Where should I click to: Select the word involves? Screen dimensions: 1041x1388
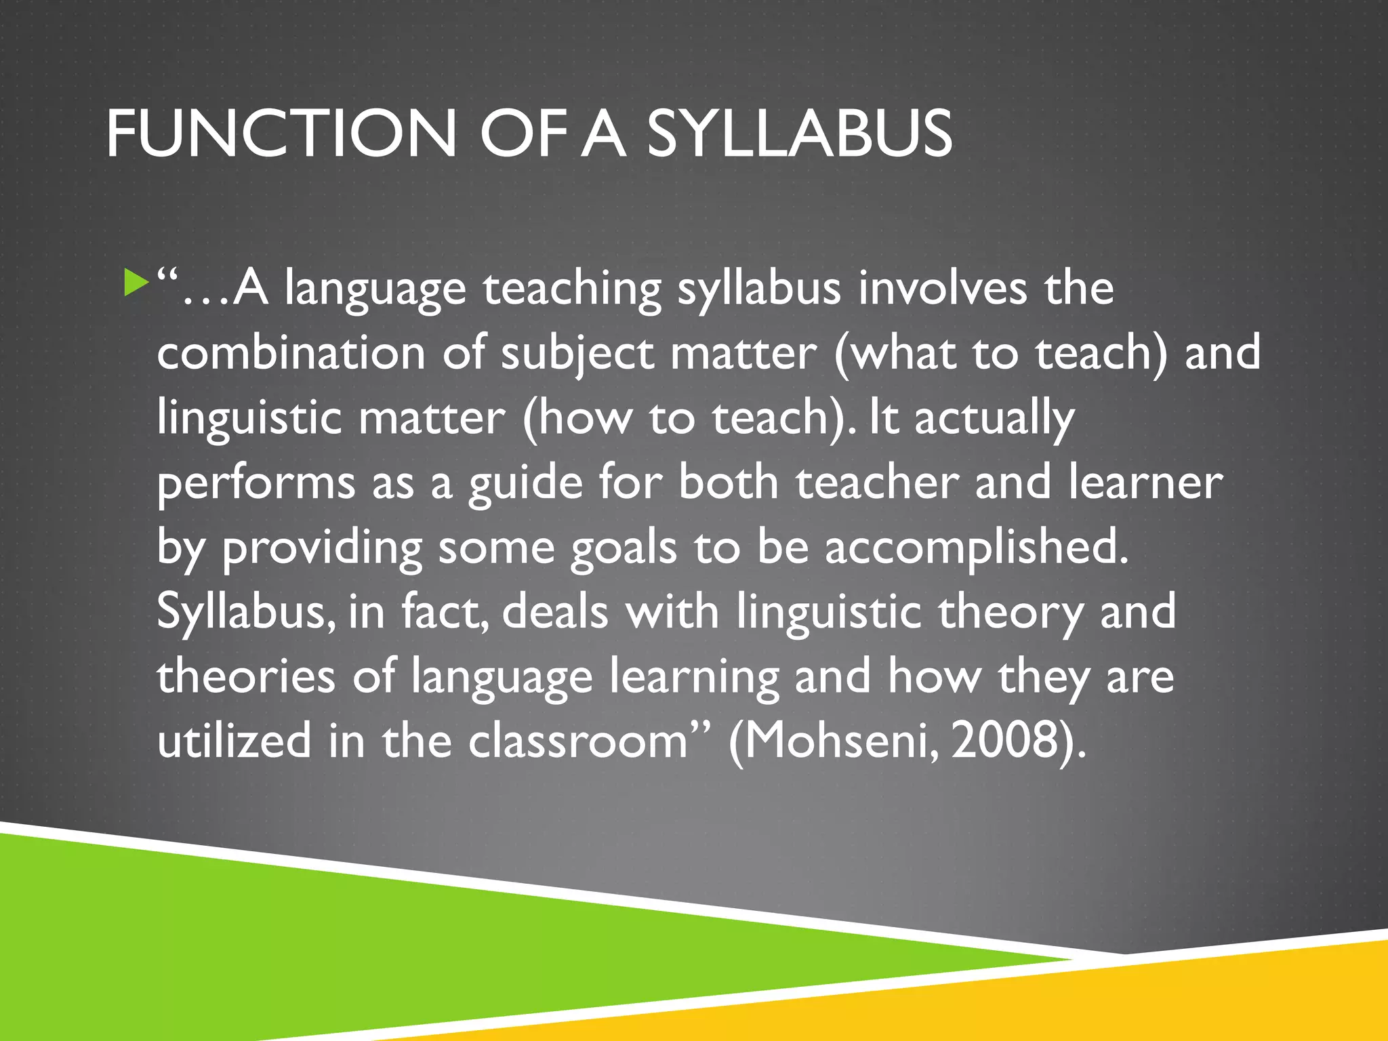(943, 289)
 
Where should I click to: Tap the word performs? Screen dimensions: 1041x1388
(256, 484)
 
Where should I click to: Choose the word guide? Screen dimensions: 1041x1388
(525, 484)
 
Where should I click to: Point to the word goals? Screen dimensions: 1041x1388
(624, 549)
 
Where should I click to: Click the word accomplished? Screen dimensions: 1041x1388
(976, 549)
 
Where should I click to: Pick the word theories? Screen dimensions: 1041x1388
(246, 676)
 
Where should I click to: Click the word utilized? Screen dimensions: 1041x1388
(234, 740)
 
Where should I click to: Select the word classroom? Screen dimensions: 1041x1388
(578, 740)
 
